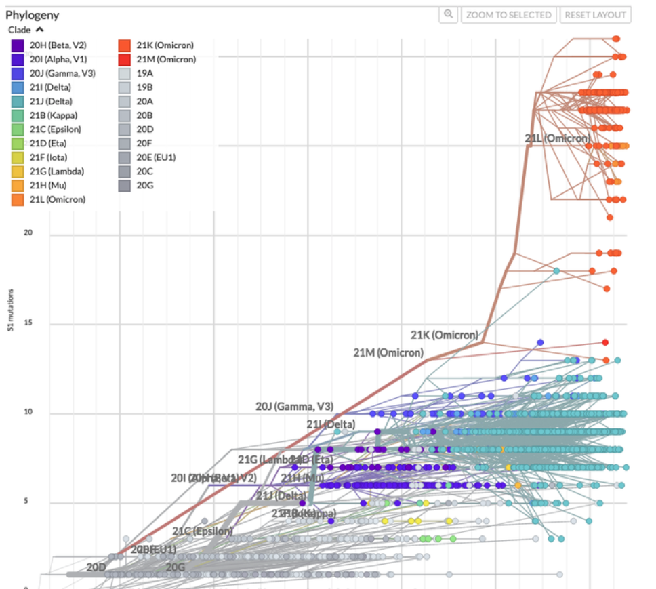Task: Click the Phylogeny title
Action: coord(33,15)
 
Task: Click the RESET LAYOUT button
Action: coord(595,15)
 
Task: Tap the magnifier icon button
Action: coord(448,15)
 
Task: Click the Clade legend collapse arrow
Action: coord(40,30)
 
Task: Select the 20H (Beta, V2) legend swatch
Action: coord(18,45)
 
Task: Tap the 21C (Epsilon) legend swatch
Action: coord(18,129)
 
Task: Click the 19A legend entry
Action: coord(144,73)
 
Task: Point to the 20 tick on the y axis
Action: coord(28,233)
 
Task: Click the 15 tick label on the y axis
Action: coord(28,323)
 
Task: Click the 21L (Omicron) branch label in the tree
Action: coord(557,138)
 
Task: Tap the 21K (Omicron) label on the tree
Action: coord(444,335)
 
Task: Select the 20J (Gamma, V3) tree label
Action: coord(294,407)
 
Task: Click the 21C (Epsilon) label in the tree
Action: coord(202,531)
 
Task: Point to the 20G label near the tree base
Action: coord(176,567)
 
